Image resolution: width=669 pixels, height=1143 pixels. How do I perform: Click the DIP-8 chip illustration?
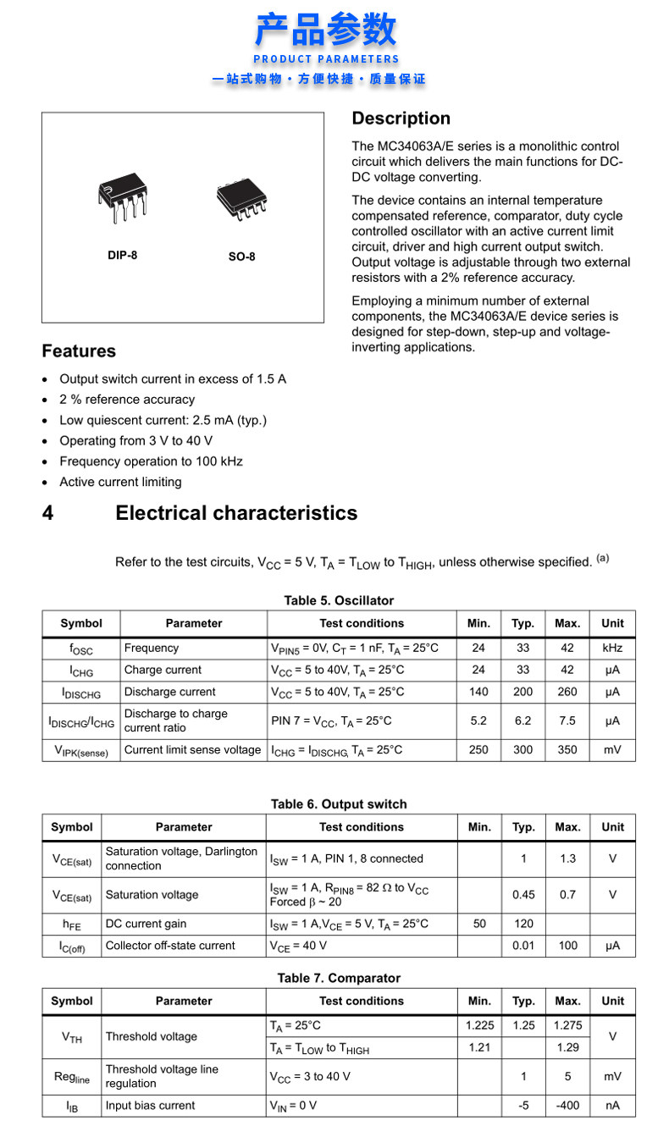pyautogui.click(x=122, y=197)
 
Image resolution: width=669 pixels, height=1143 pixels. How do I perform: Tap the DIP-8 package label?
pyautogui.click(x=122, y=255)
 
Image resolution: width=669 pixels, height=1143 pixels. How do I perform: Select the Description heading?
pyautogui.click(x=401, y=119)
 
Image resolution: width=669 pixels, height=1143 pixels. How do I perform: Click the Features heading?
pyautogui.click(x=79, y=351)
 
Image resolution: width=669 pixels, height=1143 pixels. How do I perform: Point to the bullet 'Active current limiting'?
pyautogui.click(x=120, y=482)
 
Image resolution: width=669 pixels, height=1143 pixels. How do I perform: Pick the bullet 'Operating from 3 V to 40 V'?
pyautogui.click(x=135, y=440)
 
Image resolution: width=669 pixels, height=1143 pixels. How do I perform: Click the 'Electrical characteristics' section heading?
pyautogui.click(x=236, y=513)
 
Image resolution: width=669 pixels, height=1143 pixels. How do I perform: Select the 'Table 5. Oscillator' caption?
pyautogui.click(x=339, y=600)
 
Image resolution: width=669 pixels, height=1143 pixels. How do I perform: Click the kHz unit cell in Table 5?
pyautogui.click(x=612, y=648)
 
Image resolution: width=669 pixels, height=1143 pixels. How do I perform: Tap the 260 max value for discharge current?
pyautogui.click(x=567, y=692)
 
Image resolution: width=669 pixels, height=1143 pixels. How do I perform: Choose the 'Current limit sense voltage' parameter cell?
pyautogui.click(x=193, y=749)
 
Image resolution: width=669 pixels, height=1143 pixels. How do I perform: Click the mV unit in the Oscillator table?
pyautogui.click(x=612, y=749)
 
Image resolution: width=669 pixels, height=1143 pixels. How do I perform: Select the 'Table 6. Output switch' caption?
pyautogui.click(x=339, y=804)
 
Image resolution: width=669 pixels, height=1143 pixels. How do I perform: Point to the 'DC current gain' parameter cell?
pyautogui.click(x=146, y=924)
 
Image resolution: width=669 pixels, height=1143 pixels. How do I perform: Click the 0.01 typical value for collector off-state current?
pyautogui.click(x=523, y=945)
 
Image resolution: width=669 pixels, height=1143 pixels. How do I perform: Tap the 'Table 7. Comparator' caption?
pyautogui.click(x=339, y=978)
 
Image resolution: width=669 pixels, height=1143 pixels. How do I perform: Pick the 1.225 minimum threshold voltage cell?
pyautogui.click(x=479, y=1025)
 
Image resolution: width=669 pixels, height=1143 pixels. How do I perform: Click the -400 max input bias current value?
pyautogui.click(x=567, y=1105)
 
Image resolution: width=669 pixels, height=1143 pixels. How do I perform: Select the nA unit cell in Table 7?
pyautogui.click(x=612, y=1105)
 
